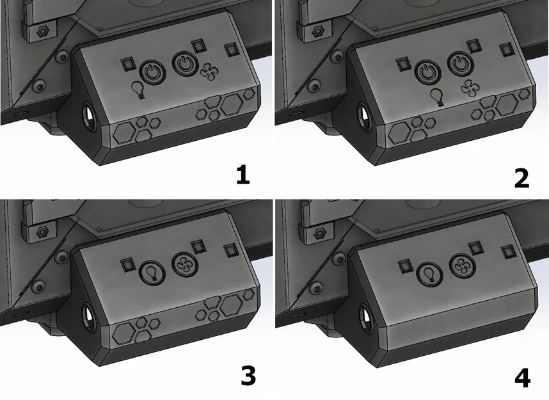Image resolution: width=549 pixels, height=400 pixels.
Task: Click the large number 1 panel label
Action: pyautogui.click(x=243, y=175)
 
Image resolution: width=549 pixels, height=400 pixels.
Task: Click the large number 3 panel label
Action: pyautogui.click(x=248, y=376)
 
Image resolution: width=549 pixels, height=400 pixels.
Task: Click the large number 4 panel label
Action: pyautogui.click(x=522, y=378)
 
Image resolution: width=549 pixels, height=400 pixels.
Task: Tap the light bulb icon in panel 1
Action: pyautogui.click(x=138, y=90)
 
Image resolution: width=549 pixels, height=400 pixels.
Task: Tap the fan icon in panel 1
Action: pyautogui.click(x=209, y=71)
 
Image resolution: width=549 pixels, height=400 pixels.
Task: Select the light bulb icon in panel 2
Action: pyautogui.click(x=436, y=97)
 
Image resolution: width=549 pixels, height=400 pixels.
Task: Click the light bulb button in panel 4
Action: pyautogui.click(x=430, y=273)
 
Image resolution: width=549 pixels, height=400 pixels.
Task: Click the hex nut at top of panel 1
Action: pyautogui.click(x=43, y=31)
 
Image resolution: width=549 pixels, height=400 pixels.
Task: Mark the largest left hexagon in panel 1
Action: pyautogui.click(x=125, y=133)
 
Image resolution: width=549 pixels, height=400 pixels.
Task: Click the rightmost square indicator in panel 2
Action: pyautogui.click(x=506, y=51)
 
